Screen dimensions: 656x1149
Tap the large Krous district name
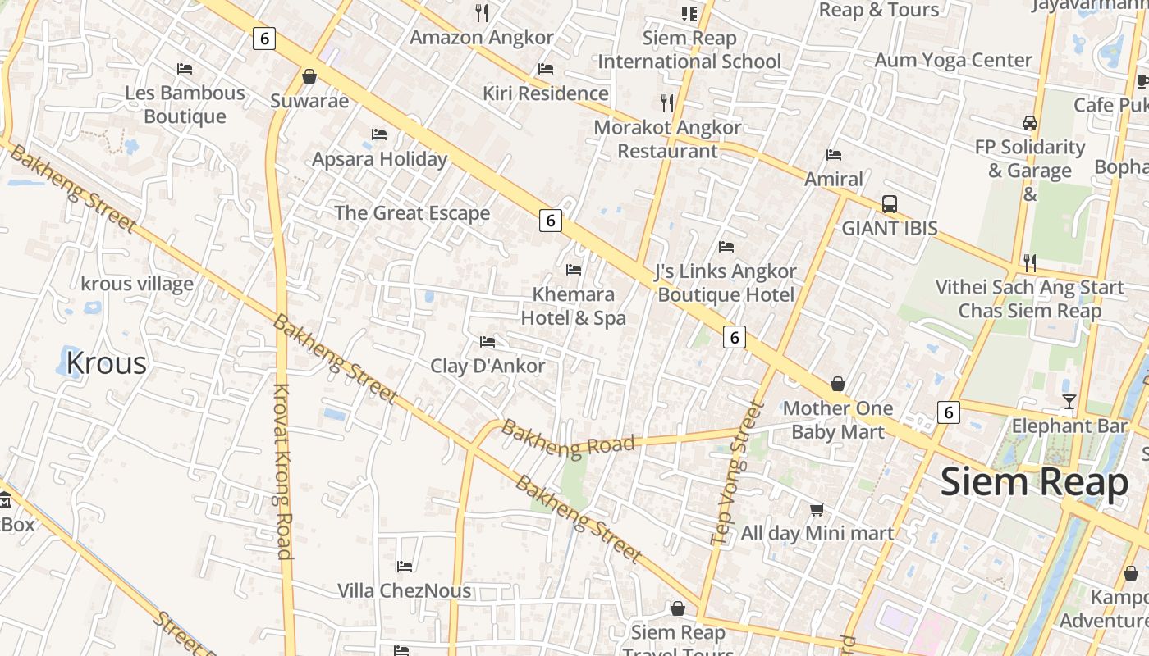tap(106, 362)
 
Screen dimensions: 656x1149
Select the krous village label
tap(137, 284)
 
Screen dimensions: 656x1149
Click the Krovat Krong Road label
tap(283, 471)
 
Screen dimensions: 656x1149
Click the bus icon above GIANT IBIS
tap(889, 203)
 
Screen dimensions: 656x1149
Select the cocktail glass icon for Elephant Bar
tap(1069, 401)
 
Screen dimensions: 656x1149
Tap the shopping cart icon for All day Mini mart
tap(817, 509)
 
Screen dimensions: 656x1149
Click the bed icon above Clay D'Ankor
tap(488, 341)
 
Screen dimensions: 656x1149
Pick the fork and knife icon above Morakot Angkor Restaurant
tap(667, 102)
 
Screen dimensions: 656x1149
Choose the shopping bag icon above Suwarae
tap(309, 76)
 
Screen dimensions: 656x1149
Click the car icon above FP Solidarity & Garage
tap(1029, 123)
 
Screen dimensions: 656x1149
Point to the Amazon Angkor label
tap(482, 37)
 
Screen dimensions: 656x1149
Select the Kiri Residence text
tap(546, 93)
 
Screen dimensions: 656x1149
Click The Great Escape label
tap(412, 213)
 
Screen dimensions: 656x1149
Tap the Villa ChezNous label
tap(405, 590)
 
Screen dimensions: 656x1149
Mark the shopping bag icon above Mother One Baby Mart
tap(837, 384)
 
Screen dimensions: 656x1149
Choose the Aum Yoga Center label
tap(953, 60)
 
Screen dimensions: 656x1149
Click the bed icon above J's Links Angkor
tap(726, 246)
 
